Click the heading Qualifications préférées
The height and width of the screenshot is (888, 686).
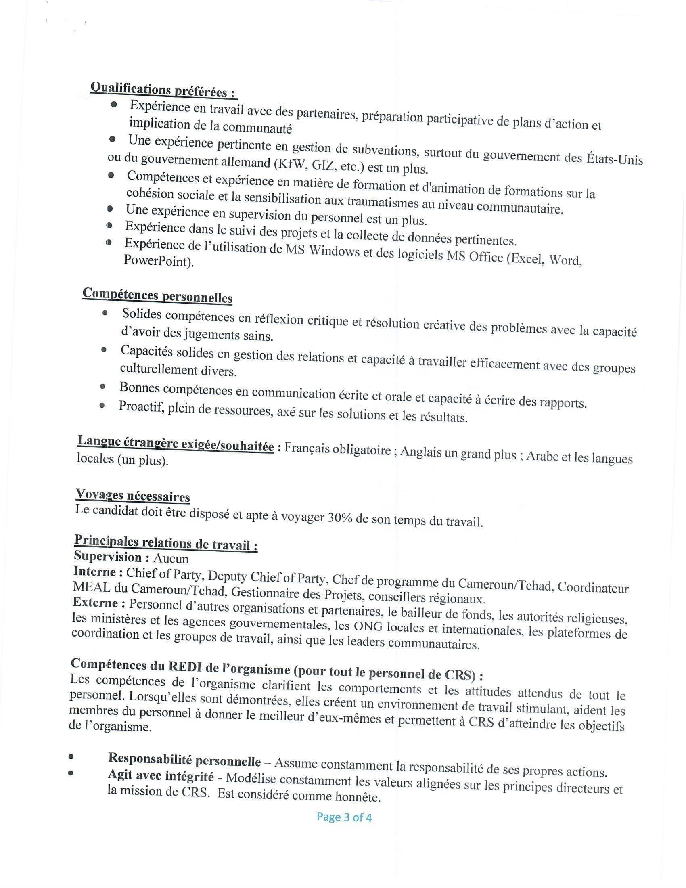[x=163, y=90]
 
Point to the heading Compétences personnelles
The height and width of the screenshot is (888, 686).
[x=157, y=295]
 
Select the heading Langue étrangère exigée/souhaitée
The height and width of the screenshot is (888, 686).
[x=176, y=444]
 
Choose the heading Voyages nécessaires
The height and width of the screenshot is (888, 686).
[x=133, y=496]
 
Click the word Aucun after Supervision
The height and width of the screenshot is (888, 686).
[x=171, y=559]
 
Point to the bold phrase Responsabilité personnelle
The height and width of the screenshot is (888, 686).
[x=184, y=759]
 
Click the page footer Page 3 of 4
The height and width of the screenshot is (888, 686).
[x=344, y=817]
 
